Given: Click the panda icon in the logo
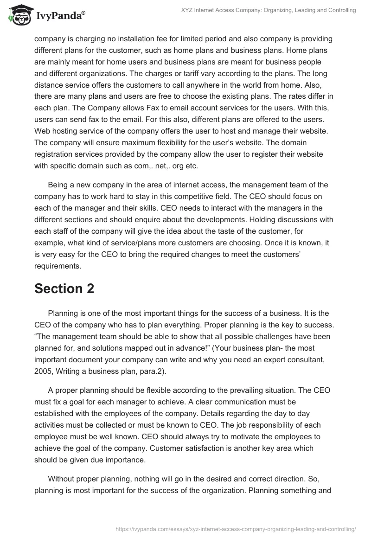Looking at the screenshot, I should [19, 15].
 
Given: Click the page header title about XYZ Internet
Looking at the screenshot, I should [264, 10].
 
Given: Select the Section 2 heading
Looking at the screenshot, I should [64, 288].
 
